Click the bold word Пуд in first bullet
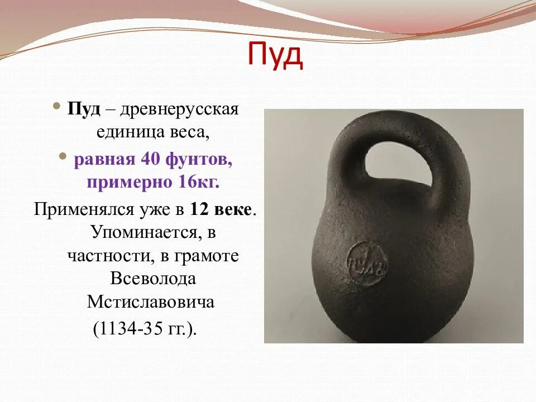pyautogui.click(x=84, y=109)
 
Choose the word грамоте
pyautogui.click(x=207, y=256)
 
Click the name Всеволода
pyautogui.click(x=152, y=279)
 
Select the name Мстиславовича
pyautogui.click(x=151, y=303)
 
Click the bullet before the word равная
pyautogui.click(x=63, y=158)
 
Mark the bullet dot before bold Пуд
pyautogui.click(x=58, y=107)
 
